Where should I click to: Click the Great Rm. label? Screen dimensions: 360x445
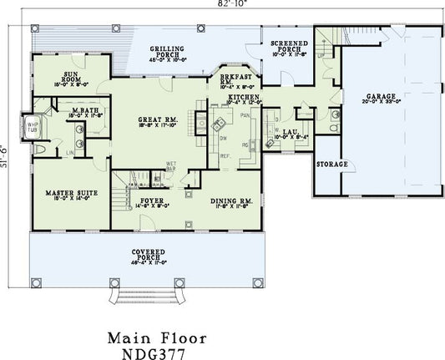[x=156, y=120]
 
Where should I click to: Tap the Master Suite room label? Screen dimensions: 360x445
[x=71, y=193]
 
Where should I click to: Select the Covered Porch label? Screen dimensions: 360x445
[x=153, y=251]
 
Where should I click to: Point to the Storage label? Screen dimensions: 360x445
[x=332, y=165]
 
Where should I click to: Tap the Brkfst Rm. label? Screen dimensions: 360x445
[x=236, y=78]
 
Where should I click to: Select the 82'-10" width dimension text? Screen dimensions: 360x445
[x=223, y=5]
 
